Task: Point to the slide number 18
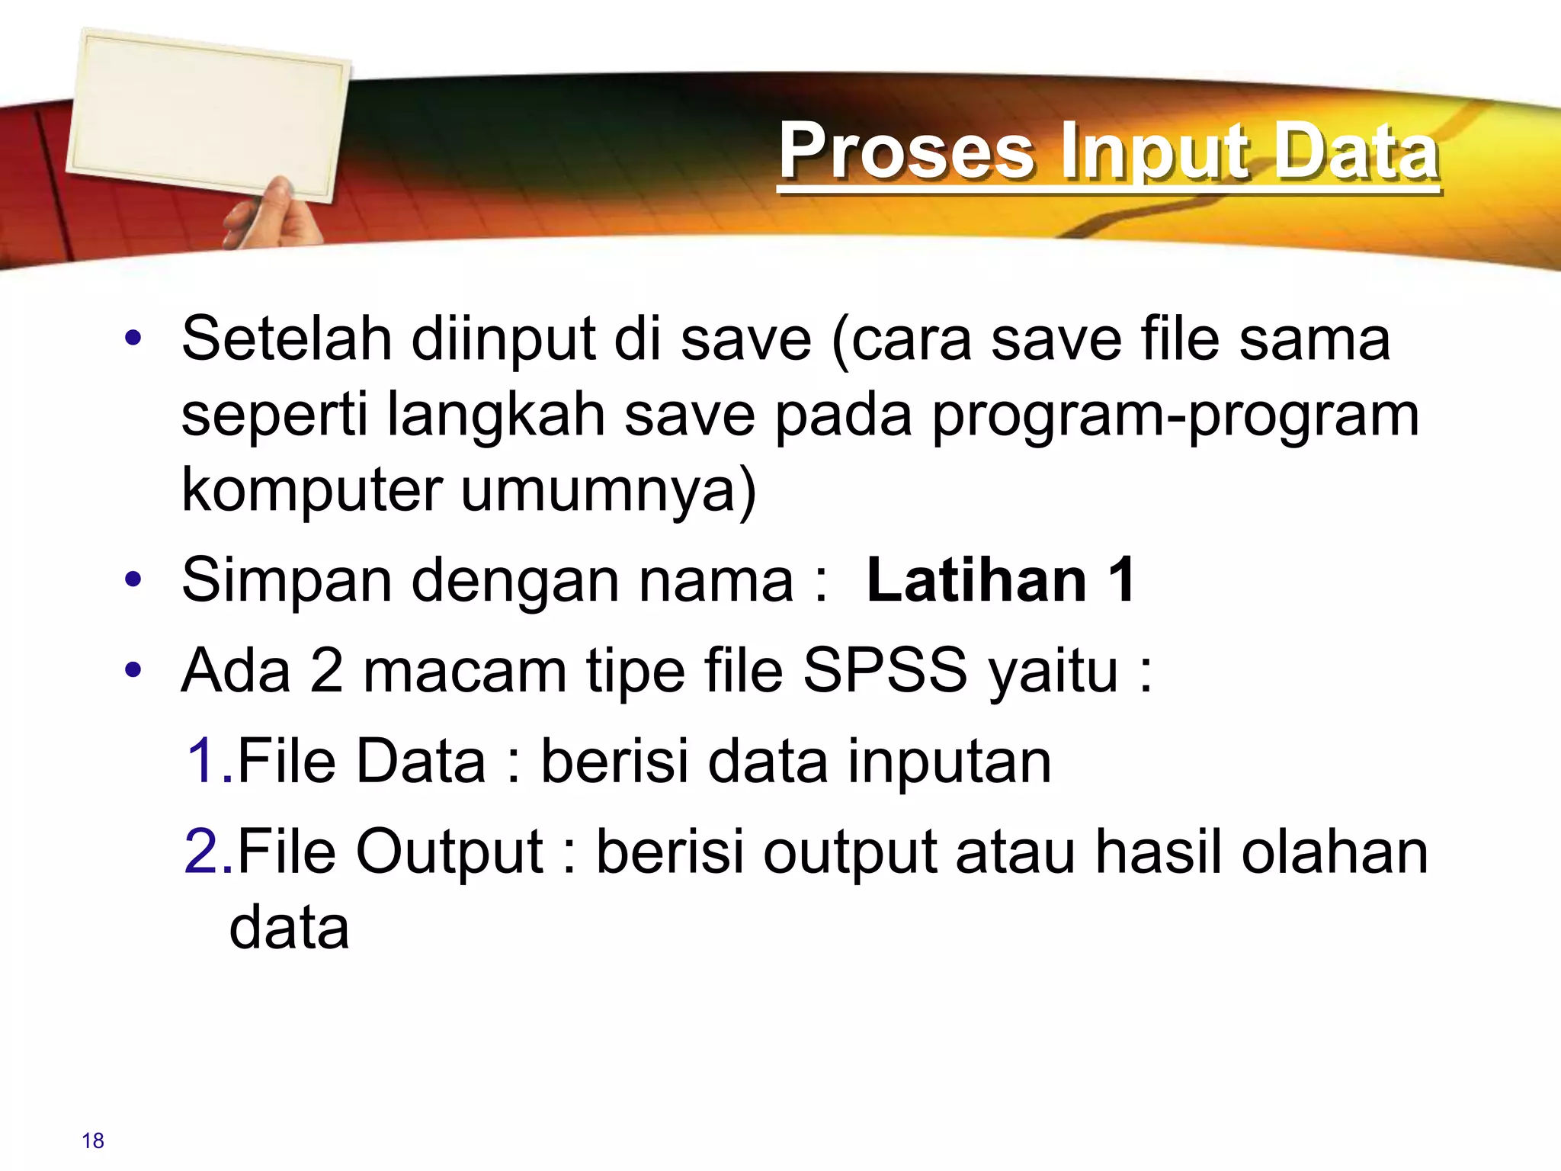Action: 93,1141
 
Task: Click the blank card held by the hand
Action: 207,114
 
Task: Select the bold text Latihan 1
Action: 1001,581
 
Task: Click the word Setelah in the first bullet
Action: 287,338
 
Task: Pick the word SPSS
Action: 885,671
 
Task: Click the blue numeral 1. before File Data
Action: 208,761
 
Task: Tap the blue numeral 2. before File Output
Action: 208,852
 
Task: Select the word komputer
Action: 312,489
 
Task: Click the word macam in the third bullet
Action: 464,671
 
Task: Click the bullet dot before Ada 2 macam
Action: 133,671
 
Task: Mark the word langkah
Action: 495,415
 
